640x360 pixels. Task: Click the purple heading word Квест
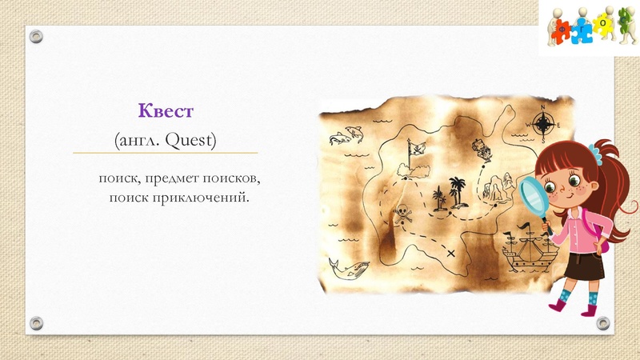pyautogui.click(x=166, y=110)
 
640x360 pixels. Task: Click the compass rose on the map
pyautogui.click(x=544, y=124)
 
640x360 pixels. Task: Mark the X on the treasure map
pyautogui.click(x=451, y=254)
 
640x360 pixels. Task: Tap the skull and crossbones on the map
pyautogui.click(x=403, y=214)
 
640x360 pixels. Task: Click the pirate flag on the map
pyautogui.click(x=415, y=150)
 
